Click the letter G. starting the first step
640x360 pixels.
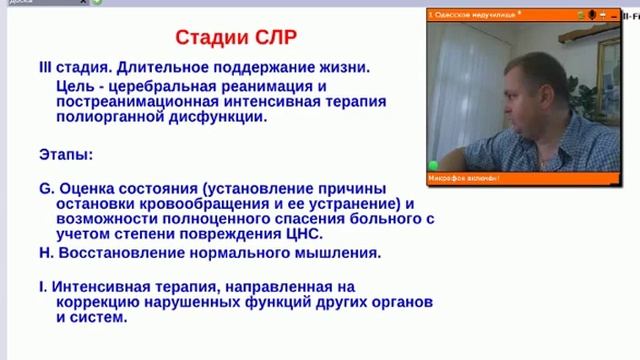pyautogui.click(x=46, y=188)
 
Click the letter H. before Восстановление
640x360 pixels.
pyautogui.click(x=46, y=252)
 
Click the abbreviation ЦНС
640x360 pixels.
pyautogui.click(x=301, y=235)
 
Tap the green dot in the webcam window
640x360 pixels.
pyautogui.click(x=434, y=165)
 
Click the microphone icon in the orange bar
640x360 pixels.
pyautogui.click(x=591, y=16)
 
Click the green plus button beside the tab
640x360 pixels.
pyautogui.click(x=96, y=3)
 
